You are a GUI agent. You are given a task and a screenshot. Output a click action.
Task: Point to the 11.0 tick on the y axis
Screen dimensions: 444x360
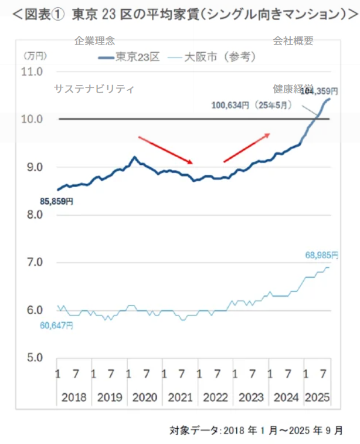click(x=33, y=72)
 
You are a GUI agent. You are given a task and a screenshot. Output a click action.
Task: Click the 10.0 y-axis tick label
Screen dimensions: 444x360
click(x=33, y=120)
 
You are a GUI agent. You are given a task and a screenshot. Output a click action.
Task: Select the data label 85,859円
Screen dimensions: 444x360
click(x=56, y=201)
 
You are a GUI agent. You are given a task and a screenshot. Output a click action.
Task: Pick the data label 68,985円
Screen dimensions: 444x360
click(x=321, y=256)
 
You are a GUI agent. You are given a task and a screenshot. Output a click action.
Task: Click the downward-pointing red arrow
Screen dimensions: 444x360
click(x=166, y=150)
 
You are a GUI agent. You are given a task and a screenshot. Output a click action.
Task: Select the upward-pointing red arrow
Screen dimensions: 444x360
click(x=246, y=147)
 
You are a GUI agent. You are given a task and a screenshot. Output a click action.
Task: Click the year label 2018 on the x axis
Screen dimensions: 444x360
click(x=74, y=398)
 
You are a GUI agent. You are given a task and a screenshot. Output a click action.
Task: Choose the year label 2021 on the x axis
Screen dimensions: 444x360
click(x=180, y=398)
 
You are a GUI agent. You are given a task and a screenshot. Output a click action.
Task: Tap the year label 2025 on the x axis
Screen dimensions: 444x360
click(x=317, y=398)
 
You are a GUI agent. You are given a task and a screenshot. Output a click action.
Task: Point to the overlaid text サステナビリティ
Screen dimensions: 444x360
click(x=94, y=89)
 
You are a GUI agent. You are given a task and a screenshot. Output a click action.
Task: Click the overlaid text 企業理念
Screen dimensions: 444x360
click(x=94, y=41)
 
